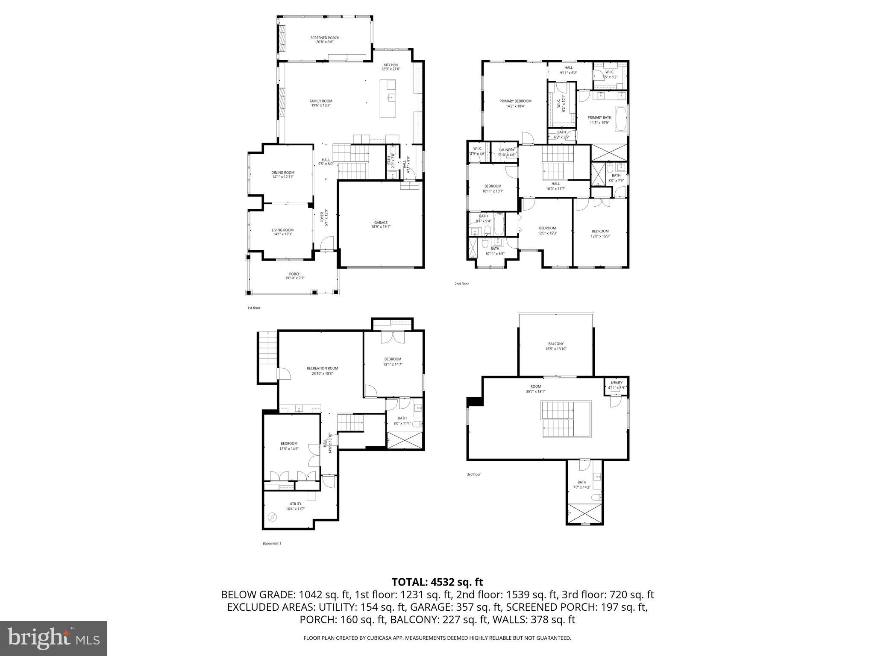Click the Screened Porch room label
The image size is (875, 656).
tap(325, 40)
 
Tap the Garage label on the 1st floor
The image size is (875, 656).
tap(381, 224)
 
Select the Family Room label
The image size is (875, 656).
tap(321, 103)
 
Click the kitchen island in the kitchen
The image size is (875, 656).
tap(388, 98)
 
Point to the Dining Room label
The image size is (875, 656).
tap(283, 174)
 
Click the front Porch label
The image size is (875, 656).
tap(295, 276)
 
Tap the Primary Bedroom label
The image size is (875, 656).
tap(515, 103)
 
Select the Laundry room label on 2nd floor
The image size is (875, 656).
tap(507, 152)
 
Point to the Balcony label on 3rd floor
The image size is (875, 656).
tap(556, 346)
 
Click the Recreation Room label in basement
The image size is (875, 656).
tap(322, 370)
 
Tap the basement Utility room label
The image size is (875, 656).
tap(295, 506)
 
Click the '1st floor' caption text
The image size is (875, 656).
tap(254, 308)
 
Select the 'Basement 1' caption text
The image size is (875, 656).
tap(272, 544)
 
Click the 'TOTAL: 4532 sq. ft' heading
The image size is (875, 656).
tap(437, 582)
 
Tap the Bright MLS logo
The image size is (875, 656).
tap(53, 638)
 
